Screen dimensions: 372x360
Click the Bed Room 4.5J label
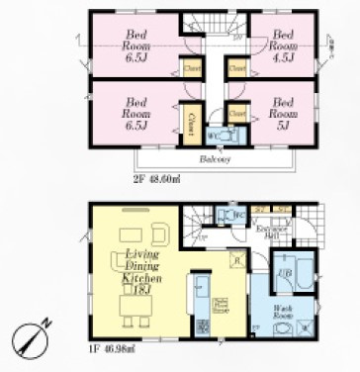click(284, 40)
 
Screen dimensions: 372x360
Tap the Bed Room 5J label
click(285, 110)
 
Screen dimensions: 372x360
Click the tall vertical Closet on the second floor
click(189, 122)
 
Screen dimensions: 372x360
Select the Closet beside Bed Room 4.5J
click(237, 69)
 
